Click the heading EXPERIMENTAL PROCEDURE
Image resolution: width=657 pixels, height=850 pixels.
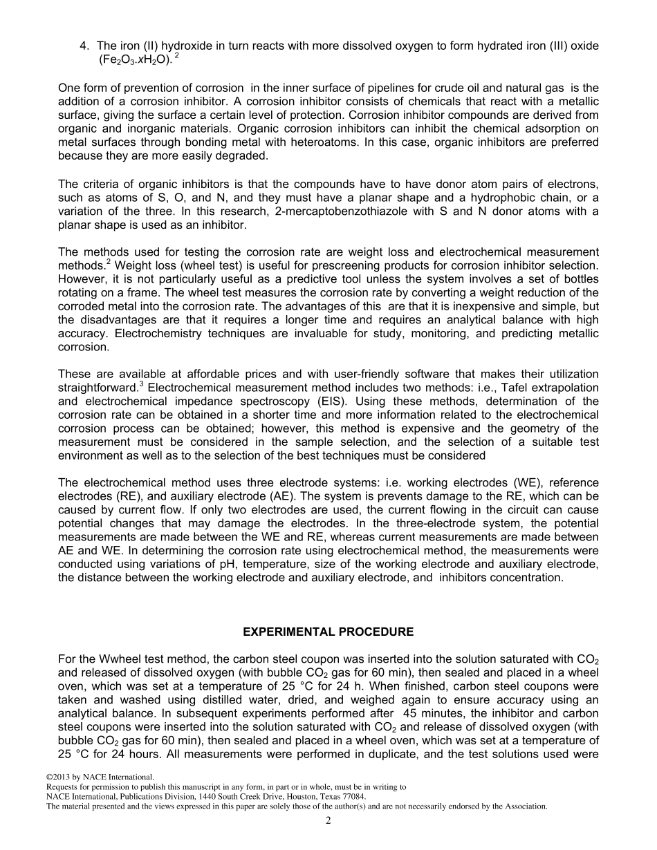click(x=328, y=632)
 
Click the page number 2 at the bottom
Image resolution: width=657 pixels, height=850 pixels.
click(x=328, y=820)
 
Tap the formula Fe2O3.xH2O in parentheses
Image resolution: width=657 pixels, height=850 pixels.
click(x=135, y=60)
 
